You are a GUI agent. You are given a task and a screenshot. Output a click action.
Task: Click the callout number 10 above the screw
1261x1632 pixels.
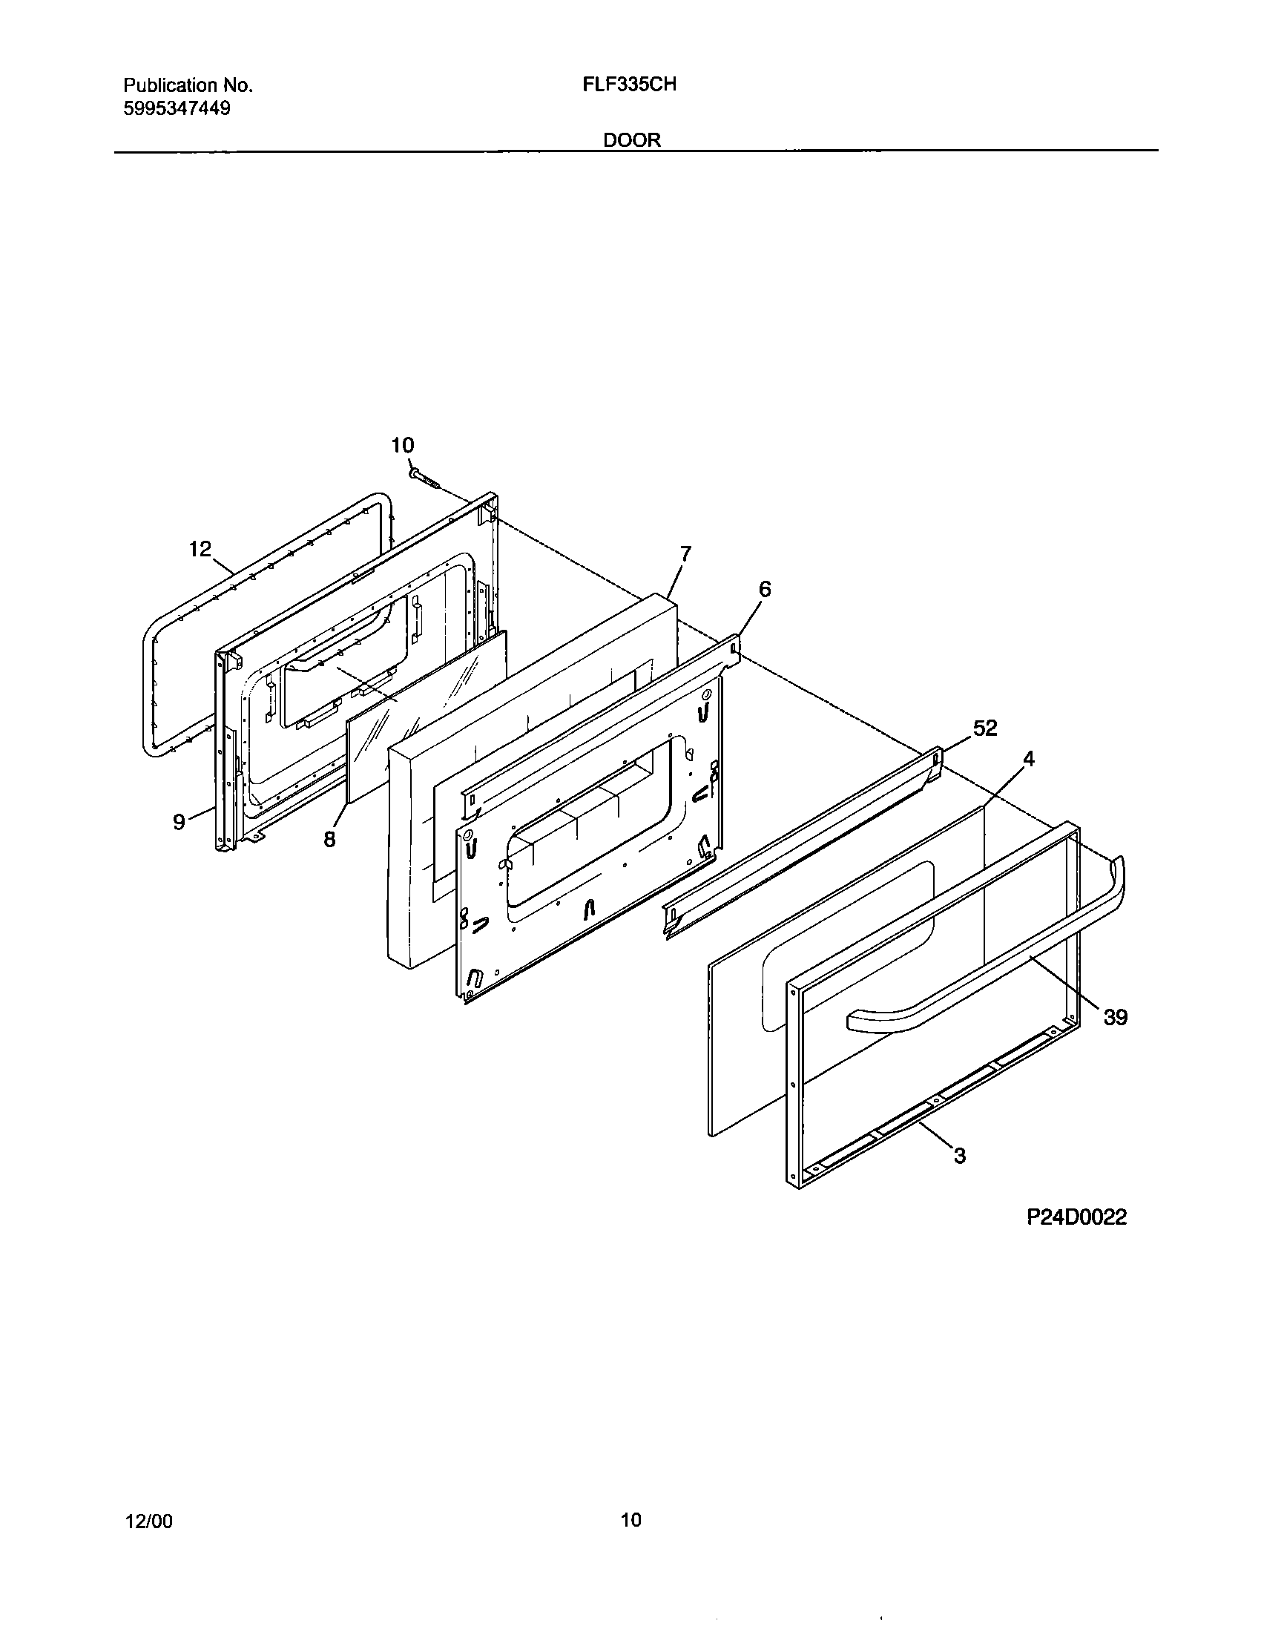(x=402, y=446)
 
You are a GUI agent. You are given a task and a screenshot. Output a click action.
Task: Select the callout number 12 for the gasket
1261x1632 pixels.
(x=200, y=549)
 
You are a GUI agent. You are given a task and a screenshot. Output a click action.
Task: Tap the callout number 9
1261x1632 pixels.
(x=180, y=822)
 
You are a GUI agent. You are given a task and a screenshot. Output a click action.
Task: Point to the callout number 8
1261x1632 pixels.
(x=329, y=839)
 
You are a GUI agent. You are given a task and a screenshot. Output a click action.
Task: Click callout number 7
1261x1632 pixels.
(x=685, y=553)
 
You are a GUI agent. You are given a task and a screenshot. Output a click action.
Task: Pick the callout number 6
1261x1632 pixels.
(x=764, y=590)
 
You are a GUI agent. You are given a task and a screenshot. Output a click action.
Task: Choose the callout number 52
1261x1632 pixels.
(x=985, y=728)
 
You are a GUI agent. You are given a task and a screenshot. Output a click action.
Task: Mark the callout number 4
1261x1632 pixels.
(x=1029, y=759)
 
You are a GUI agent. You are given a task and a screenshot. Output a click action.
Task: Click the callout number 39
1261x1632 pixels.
(x=1115, y=1017)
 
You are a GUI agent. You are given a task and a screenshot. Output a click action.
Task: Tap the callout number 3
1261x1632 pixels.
(x=960, y=1155)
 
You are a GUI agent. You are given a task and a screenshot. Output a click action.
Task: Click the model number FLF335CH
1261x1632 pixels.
(x=629, y=85)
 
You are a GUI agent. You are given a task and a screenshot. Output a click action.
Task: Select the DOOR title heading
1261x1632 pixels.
(x=632, y=140)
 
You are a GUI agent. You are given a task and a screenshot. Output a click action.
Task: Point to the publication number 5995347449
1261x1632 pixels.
(x=177, y=108)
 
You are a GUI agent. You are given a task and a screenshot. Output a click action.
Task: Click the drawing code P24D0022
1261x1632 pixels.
(x=1076, y=1217)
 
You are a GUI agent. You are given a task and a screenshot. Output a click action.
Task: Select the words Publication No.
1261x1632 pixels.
(x=188, y=85)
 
